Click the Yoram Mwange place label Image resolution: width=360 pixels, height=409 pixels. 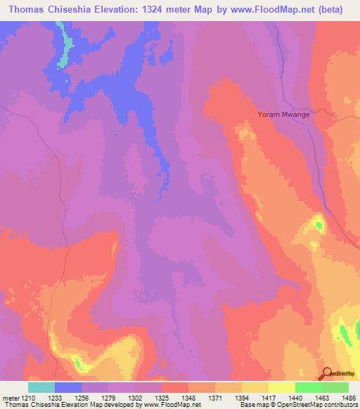pyautogui.click(x=283, y=114)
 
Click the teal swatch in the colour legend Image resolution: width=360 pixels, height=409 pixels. pyautogui.click(x=41, y=388)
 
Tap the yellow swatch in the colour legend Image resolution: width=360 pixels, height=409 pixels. pyautogui.click(x=255, y=388)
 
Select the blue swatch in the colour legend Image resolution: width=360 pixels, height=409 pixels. pyautogui.click(x=68, y=388)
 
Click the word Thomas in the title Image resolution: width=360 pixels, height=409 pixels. pyautogui.click(x=25, y=8)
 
